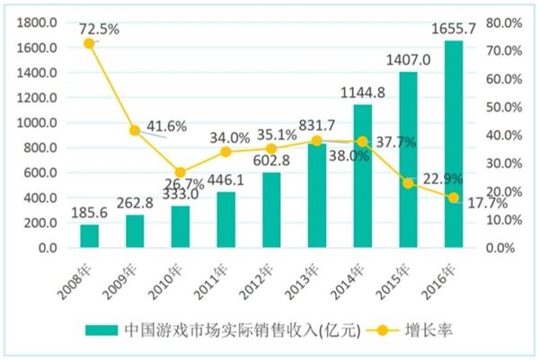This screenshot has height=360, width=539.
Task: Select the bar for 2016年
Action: (x=454, y=144)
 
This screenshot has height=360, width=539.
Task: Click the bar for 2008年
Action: (x=89, y=236)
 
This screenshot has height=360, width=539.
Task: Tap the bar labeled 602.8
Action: (x=271, y=210)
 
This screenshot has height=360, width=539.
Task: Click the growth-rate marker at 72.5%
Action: (x=89, y=43)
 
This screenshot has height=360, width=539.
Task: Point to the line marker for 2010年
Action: (x=180, y=172)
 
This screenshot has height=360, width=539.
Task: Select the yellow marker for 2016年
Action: (x=454, y=198)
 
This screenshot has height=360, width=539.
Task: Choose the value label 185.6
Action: (x=88, y=215)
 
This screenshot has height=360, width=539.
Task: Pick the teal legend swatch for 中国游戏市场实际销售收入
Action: (x=117, y=329)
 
